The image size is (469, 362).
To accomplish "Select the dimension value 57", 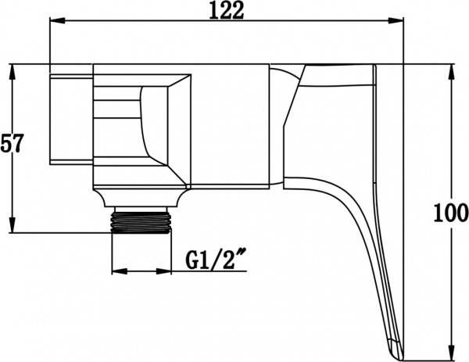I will [13, 145].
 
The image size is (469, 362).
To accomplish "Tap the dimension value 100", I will [450, 212].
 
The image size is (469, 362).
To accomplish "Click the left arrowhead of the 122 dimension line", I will [54, 23].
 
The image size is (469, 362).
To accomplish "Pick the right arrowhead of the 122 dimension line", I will [399, 23].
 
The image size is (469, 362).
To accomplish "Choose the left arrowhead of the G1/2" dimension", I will [117, 272].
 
